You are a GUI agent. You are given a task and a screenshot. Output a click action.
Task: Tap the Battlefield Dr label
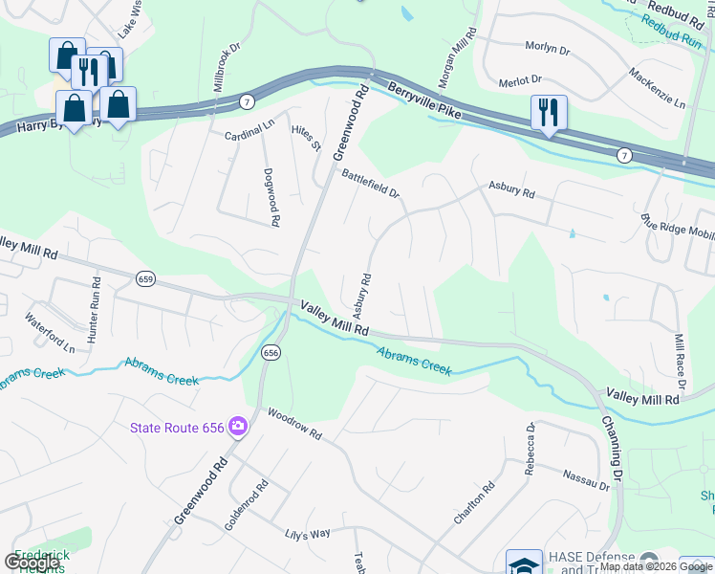[369, 183]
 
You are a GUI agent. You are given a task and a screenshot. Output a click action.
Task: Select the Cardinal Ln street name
[249, 137]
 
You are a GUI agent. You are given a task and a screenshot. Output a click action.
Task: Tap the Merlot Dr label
[521, 80]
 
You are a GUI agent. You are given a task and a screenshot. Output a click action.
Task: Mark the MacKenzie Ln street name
[658, 88]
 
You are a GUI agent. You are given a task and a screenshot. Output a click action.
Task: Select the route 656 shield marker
[271, 352]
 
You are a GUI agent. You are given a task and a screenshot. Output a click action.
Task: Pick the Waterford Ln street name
[50, 334]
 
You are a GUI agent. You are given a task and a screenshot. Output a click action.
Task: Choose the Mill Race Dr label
[680, 355]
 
